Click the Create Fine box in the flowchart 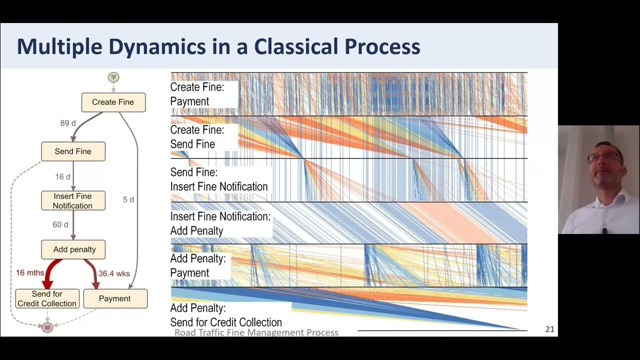click(x=113, y=102)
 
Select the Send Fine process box click(x=73, y=151)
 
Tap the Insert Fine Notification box click(x=73, y=200)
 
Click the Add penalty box click(x=74, y=249)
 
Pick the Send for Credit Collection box click(x=47, y=298)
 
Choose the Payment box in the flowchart click(x=115, y=298)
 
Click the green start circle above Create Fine click(x=113, y=77)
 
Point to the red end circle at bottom click(x=47, y=327)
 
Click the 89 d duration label click(x=68, y=123)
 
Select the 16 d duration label click(x=63, y=176)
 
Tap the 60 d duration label click(x=60, y=224)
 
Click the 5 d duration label click(x=128, y=199)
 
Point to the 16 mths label click(x=30, y=272)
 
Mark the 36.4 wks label click(x=114, y=273)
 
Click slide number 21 click(x=549, y=329)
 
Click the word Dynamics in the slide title click(x=156, y=46)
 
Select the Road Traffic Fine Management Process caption click(x=256, y=332)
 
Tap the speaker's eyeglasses click(x=604, y=158)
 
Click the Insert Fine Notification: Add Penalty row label click(x=220, y=223)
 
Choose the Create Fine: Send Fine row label click(x=197, y=137)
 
